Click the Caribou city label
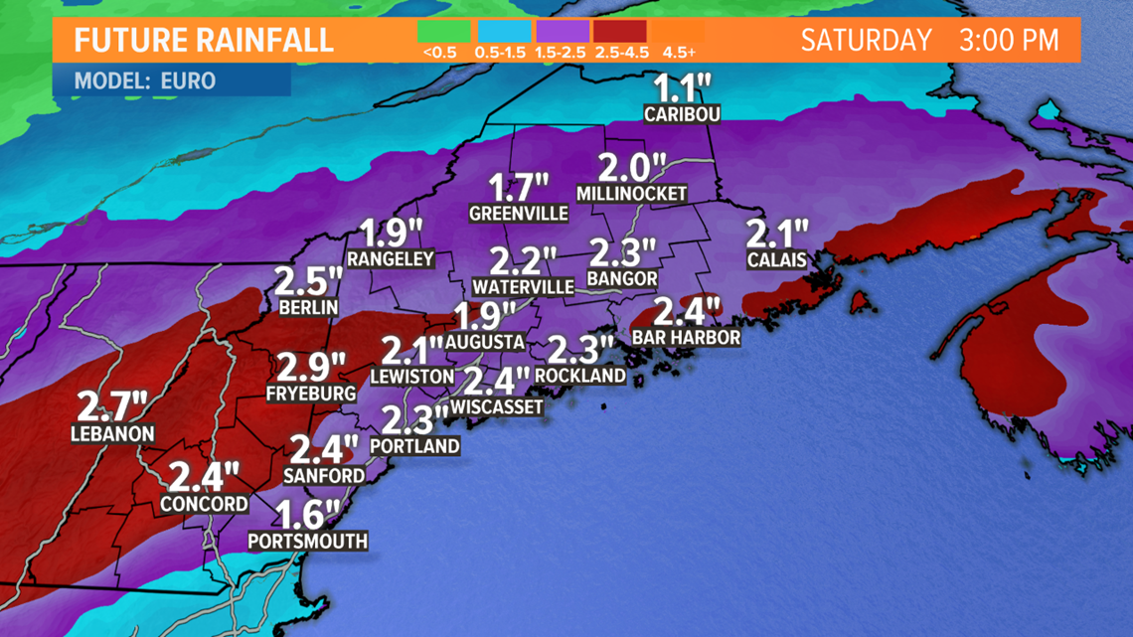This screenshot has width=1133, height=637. (682, 114)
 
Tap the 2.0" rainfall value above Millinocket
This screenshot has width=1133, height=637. (630, 166)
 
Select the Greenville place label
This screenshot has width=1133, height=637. (519, 214)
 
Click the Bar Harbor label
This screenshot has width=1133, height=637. (686, 338)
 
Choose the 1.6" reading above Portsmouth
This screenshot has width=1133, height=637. (308, 515)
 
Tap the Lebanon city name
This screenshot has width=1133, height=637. (112, 434)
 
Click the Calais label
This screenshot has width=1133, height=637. (776, 260)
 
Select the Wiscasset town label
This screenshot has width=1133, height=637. (497, 406)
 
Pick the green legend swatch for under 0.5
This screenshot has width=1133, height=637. (444, 31)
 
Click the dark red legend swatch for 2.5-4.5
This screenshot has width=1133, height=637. (619, 31)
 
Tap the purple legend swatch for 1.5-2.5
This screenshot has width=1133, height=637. (562, 31)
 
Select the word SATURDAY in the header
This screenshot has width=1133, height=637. (866, 41)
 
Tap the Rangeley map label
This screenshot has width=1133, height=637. (391, 259)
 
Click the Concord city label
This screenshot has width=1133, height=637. (204, 504)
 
